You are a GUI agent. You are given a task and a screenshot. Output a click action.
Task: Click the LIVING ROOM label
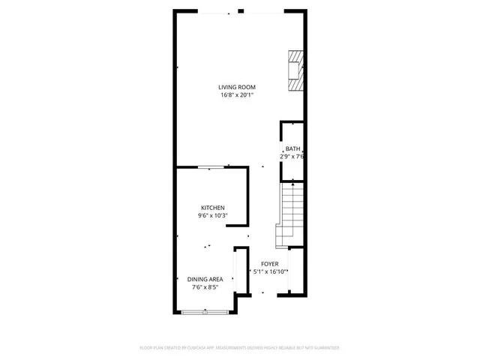[237, 87]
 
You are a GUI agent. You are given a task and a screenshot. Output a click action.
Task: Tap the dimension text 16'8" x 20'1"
[237, 95]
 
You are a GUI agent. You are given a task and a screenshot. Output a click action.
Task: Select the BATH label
[292, 148]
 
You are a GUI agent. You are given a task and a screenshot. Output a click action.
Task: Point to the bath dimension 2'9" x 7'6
[292, 157]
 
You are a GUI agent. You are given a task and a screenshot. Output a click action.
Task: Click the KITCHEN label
[212, 208]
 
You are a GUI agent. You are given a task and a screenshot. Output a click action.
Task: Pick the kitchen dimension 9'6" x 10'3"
[212, 216]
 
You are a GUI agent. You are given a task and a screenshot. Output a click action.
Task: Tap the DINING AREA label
[205, 279]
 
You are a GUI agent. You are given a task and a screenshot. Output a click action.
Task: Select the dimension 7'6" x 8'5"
[205, 286]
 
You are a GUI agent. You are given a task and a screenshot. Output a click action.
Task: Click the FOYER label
[269, 264]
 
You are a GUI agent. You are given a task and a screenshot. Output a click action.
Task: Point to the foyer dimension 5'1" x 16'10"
[269, 272]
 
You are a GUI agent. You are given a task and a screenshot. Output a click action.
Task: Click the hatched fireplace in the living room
[296, 71]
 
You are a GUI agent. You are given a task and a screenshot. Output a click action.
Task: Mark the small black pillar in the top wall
[240, 11]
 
